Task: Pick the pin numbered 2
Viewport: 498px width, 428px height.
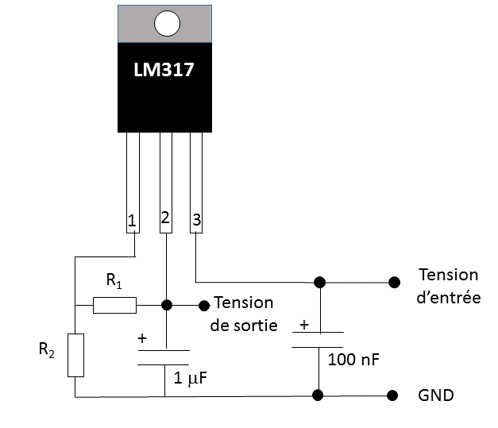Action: [x=165, y=218]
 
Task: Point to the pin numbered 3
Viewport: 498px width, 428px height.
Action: [x=196, y=220]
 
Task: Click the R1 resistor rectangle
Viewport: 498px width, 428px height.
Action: [x=114, y=305]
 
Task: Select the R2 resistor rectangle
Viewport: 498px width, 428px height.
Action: [x=75, y=355]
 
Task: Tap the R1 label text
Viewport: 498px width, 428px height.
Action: [x=114, y=281]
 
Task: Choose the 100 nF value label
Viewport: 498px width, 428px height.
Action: [x=353, y=359]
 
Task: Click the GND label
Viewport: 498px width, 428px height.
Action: [x=435, y=395]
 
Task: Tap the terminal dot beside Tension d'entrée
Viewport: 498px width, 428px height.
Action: [x=392, y=281]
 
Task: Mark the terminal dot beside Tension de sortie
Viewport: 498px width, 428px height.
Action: [x=204, y=304]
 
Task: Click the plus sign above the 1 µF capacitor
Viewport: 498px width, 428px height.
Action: [x=142, y=338]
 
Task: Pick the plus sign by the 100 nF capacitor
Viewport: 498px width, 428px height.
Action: [x=303, y=325]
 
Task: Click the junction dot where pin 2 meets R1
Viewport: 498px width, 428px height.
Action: [x=166, y=305]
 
